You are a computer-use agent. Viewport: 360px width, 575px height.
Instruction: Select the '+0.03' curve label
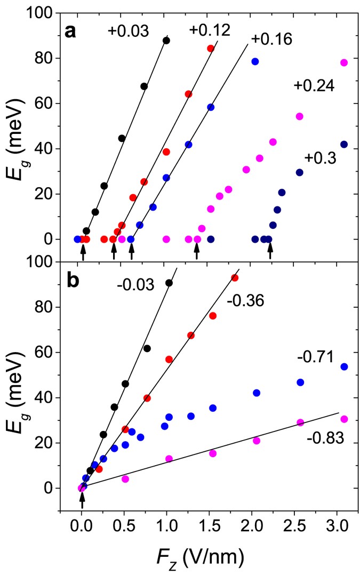tap(128, 30)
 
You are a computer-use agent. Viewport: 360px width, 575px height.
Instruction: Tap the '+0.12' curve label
tap(209, 30)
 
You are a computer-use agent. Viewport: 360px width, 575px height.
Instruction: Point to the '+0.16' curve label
tap(271, 39)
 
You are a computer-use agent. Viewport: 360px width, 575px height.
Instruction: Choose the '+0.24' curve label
tap(314, 85)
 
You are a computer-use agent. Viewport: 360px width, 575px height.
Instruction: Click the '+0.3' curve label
tap(321, 157)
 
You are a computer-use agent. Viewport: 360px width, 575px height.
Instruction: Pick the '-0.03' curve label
tap(136, 285)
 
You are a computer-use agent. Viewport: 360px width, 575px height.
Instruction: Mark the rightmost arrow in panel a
tap(270, 250)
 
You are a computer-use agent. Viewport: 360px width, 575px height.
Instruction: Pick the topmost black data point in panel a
tap(166, 41)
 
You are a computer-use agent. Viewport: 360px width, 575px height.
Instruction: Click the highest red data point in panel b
tap(235, 278)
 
